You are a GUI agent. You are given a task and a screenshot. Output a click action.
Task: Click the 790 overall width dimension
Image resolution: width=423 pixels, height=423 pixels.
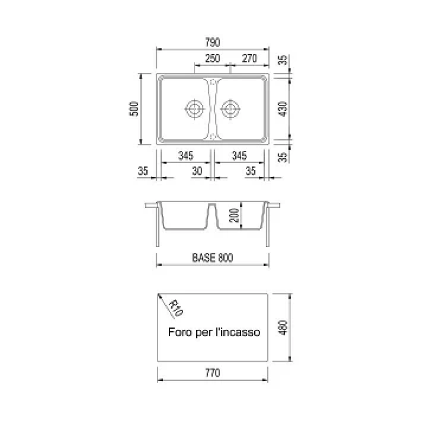pyautogui.click(x=213, y=42)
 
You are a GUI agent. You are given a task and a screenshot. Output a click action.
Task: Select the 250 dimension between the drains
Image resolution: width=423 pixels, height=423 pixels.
pyautogui.click(x=213, y=58)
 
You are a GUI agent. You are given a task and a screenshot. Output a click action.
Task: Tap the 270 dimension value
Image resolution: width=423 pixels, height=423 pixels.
pyautogui.click(x=249, y=58)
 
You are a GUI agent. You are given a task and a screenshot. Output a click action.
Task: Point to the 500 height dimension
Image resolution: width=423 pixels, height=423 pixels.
pyautogui.click(x=134, y=109)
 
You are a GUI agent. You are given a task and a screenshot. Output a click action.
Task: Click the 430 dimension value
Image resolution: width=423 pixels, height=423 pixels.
pyautogui.click(x=283, y=109)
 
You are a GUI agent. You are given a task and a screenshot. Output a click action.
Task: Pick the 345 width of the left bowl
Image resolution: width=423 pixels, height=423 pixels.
pyautogui.click(x=186, y=156)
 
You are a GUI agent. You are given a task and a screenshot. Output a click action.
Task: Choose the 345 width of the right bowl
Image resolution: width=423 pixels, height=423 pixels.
pyautogui.click(x=239, y=156)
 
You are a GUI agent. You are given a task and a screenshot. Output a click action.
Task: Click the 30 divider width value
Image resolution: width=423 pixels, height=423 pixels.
pyautogui.click(x=197, y=171)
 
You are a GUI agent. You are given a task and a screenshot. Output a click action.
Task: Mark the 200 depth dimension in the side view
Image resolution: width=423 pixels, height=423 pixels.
pyautogui.click(x=234, y=215)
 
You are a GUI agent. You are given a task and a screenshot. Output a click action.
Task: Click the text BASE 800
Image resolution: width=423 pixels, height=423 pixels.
pyautogui.click(x=213, y=258)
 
